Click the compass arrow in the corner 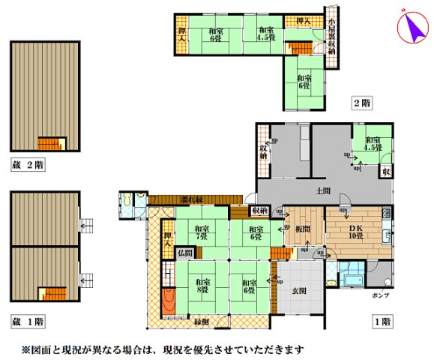tap(411, 28)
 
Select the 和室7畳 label tap(202, 232)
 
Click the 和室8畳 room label tap(202, 285)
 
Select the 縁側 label tap(202, 322)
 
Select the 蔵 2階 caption tap(28, 163)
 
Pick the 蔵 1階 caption tap(28, 321)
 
